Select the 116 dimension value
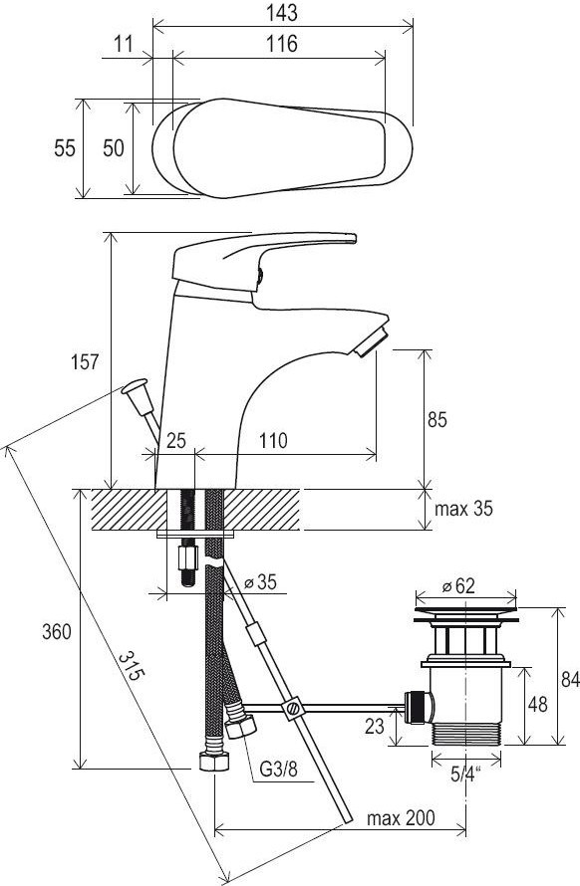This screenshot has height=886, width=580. point(281,44)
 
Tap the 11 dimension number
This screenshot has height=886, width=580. point(123,44)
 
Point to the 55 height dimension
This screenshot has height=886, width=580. point(65,148)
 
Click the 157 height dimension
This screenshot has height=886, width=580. point(85,361)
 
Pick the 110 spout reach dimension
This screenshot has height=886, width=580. point(273,440)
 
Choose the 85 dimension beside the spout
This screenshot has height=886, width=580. point(436,420)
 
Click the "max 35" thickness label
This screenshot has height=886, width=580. point(463,509)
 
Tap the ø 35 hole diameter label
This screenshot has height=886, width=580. point(260,581)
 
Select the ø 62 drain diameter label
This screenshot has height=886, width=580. point(458,586)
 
